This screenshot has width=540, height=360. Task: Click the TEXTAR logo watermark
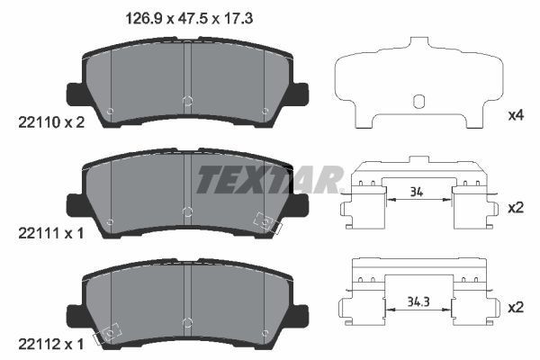270,180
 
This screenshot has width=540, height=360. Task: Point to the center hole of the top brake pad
186,100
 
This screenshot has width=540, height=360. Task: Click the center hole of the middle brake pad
186,211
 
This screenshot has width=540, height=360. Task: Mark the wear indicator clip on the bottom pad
108,334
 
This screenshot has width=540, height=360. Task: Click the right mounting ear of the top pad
301,92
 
